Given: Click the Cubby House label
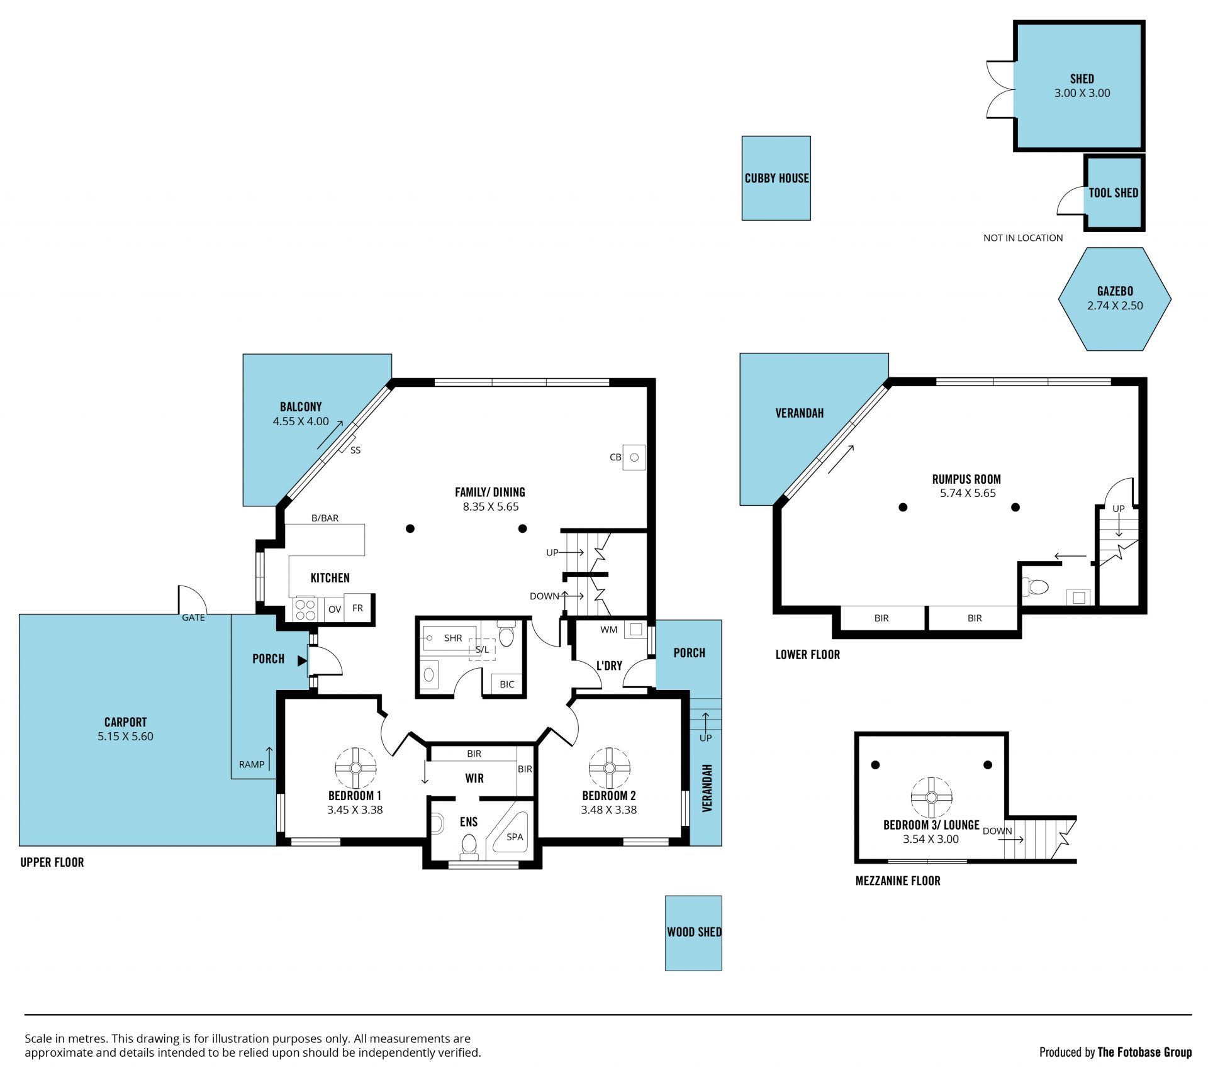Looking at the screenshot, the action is coord(776,178).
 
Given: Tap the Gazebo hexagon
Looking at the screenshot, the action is coord(1114,299).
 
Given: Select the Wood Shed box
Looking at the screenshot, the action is coord(693,933).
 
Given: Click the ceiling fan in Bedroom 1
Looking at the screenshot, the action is coord(355,768).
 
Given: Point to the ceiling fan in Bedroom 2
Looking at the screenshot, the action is coord(609,768).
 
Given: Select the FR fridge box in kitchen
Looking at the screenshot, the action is coord(358,608).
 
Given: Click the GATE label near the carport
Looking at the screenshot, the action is coord(193,618).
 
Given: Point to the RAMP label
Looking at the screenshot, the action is coord(252,764).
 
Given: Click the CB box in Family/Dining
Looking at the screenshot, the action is coord(634,457).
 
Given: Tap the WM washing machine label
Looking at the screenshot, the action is coord(609,630).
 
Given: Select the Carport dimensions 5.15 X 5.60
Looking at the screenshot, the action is coord(125,736).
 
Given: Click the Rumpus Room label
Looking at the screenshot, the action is coord(966,479).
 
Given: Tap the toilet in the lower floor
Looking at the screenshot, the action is coord(1035,587).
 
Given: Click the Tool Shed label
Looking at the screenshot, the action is coord(1114,193).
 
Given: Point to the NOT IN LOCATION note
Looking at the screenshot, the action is coord(1023,238).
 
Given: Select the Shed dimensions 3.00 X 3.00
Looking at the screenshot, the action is coord(1082,93).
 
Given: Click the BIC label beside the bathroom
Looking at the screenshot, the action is coord(507,684).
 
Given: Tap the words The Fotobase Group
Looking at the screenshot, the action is coord(1144,1052).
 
